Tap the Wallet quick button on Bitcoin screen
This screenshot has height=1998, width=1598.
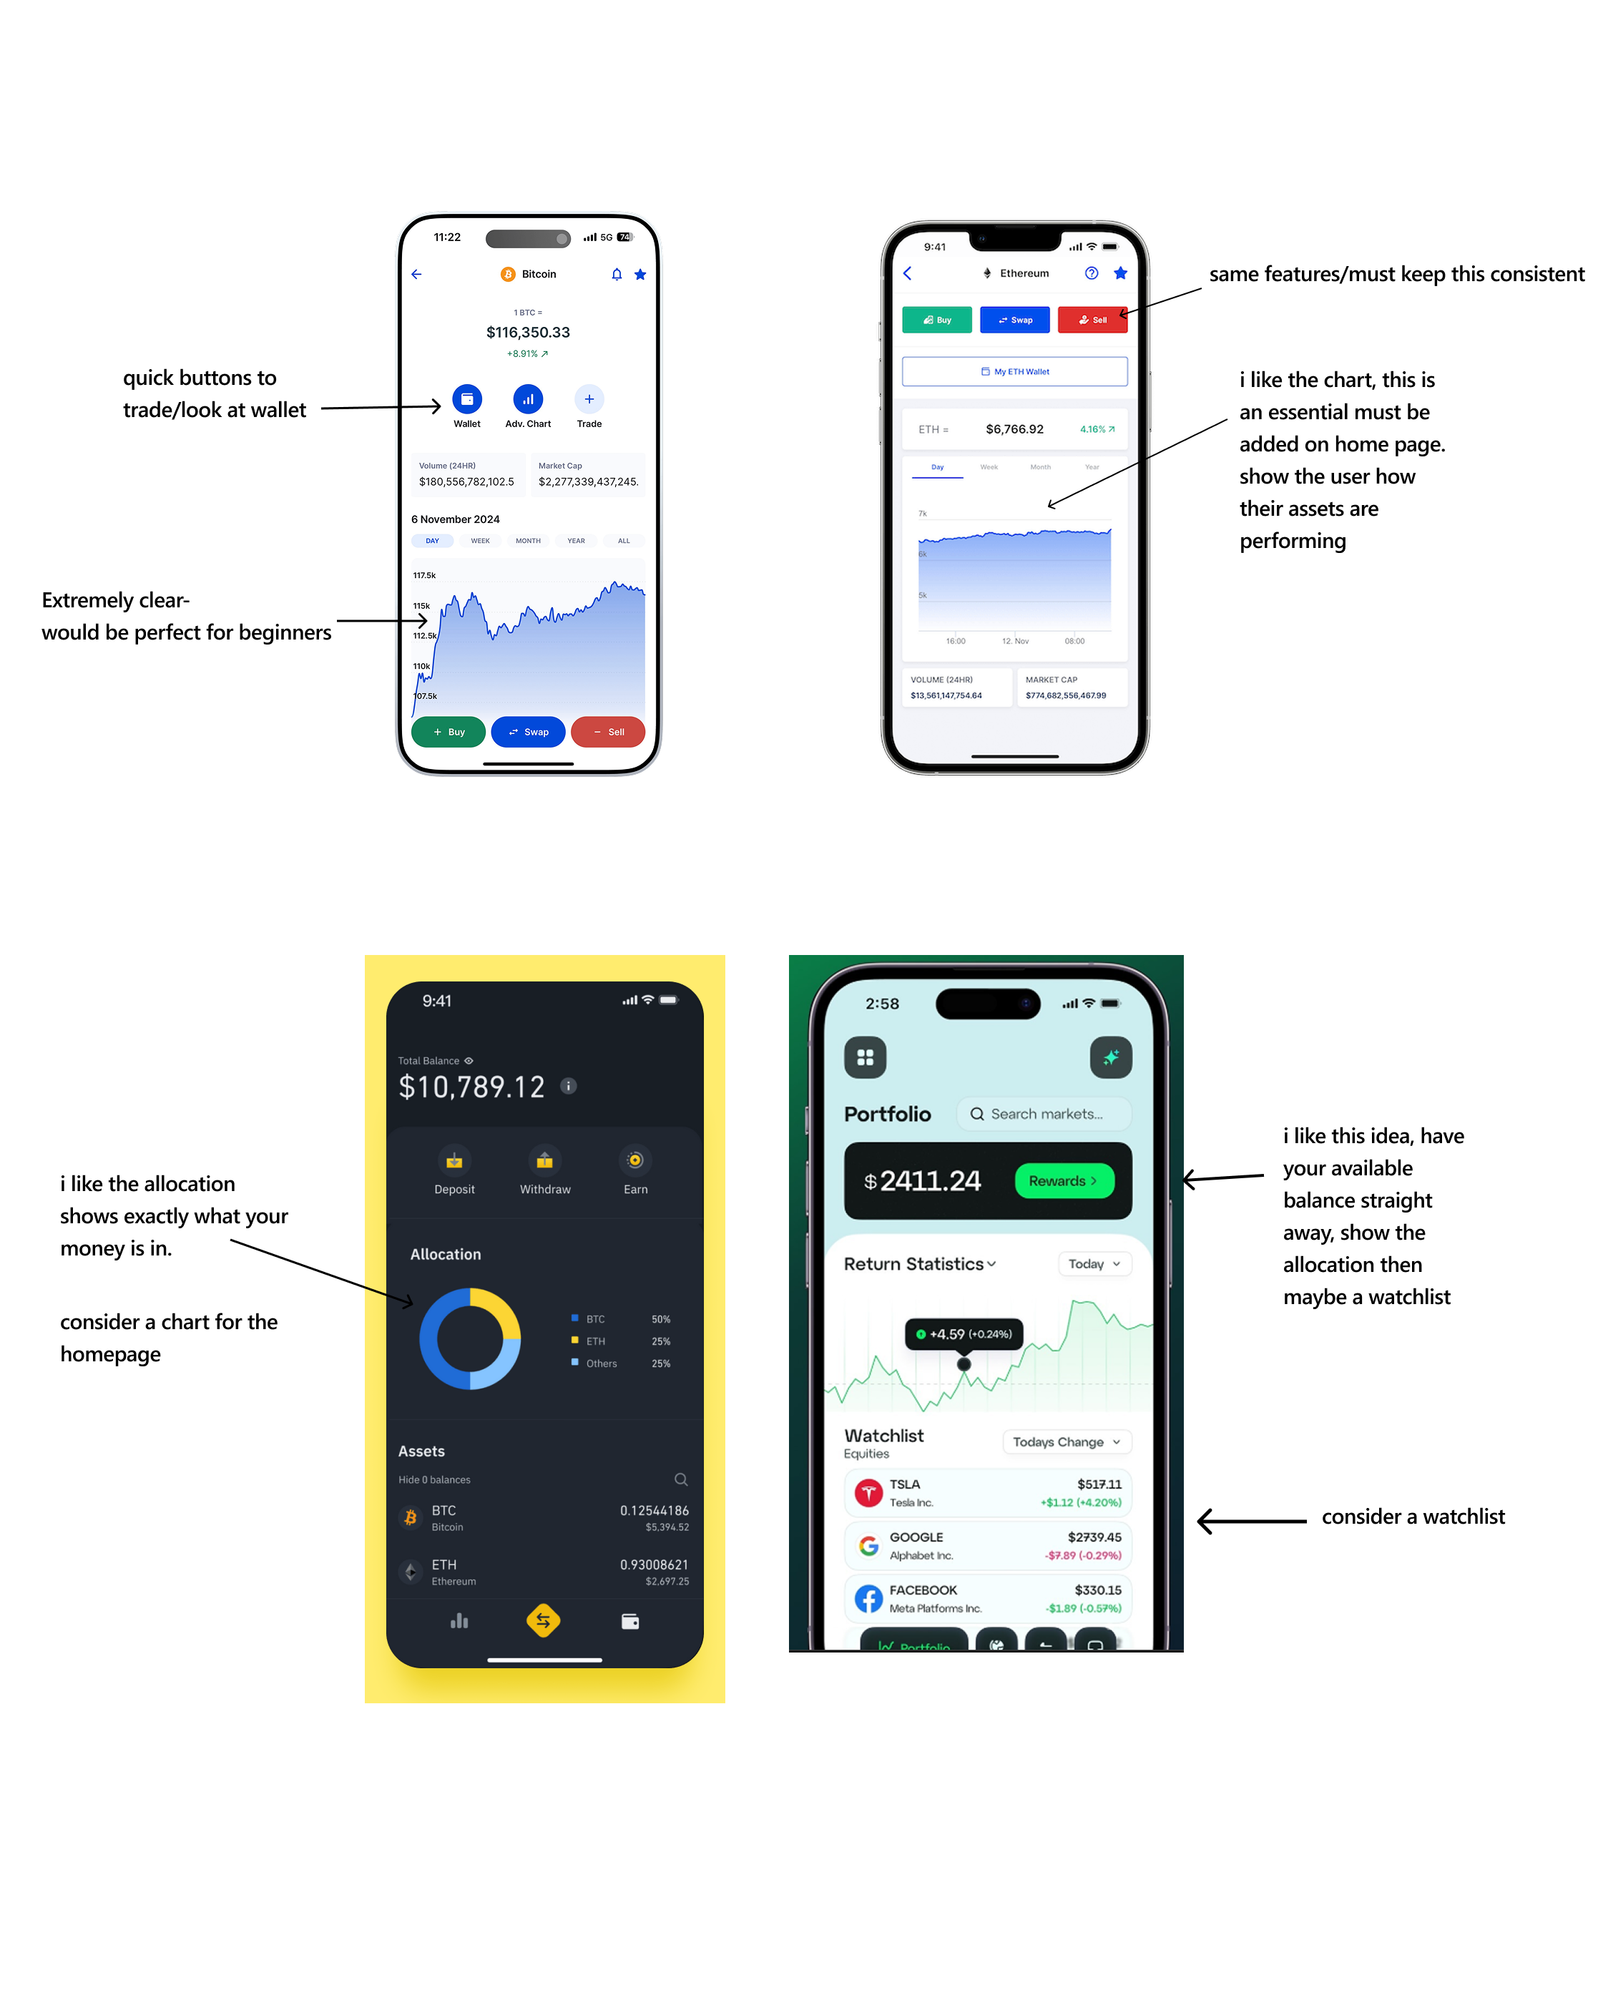click(466, 399)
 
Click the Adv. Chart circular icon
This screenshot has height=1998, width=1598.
click(527, 399)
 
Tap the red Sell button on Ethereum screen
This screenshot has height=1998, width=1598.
click(1092, 320)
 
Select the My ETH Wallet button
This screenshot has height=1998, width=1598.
click(1014, 371)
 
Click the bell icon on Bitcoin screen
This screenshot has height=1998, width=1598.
click(617, 274)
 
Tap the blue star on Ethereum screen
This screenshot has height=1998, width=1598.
click(1119, 273)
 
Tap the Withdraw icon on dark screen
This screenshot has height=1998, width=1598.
click(544, 1160)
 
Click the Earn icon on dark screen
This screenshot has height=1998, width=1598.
click(635, 1160)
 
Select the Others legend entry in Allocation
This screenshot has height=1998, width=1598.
click(601, 1363)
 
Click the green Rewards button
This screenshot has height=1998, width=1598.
click(1063, 1180)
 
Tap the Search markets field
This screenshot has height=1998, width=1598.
click(1044, 1114)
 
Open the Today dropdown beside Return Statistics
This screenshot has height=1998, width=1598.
click(1094, 1264)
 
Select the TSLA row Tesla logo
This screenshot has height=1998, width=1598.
click(868, 1492)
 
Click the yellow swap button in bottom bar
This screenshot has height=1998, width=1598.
click(543, 1621)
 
